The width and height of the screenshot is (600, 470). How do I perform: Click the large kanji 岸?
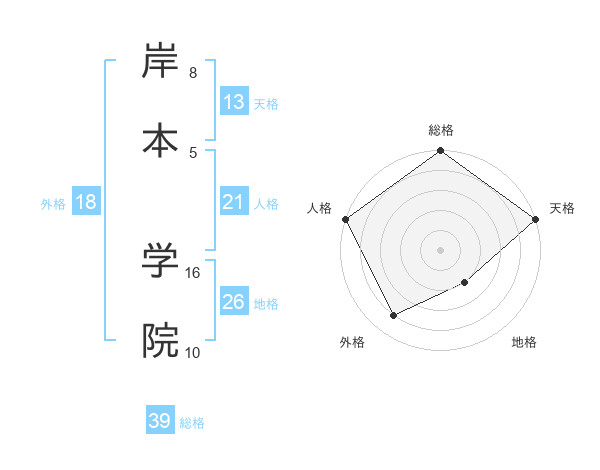[x=160, y=63]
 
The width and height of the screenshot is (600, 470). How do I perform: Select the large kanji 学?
[x=160, y=262]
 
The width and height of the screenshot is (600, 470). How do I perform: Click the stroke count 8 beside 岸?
[x=193, y=73]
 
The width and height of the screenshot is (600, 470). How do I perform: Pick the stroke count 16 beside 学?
[x=194, y=272]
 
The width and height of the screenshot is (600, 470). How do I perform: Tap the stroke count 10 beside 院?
[x=194, y=352]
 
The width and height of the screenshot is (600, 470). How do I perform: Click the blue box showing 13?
[x=233, y=102]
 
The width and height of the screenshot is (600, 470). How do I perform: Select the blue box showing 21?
[x=233, y=202]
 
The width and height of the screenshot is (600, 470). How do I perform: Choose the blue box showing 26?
[x=233, y=302]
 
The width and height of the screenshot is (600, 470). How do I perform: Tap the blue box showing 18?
[x=86, y=202]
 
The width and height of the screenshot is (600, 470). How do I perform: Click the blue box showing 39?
[x=160, y=421]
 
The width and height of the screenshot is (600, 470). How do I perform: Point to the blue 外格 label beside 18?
[x=53, y=203]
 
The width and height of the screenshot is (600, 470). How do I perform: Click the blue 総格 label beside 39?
[x=192, y=423]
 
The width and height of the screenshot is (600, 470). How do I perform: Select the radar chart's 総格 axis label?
[x=441, y=130]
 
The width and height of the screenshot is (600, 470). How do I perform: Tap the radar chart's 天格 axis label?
[x=562, y=208]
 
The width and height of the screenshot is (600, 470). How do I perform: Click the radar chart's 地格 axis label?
[x=524, y=343]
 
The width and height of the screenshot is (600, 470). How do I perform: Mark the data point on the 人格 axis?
[x=345, y=219]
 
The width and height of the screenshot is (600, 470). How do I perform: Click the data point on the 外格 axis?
[x=394, y=316]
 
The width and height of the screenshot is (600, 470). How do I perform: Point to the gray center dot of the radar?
[x=441, y=249]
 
